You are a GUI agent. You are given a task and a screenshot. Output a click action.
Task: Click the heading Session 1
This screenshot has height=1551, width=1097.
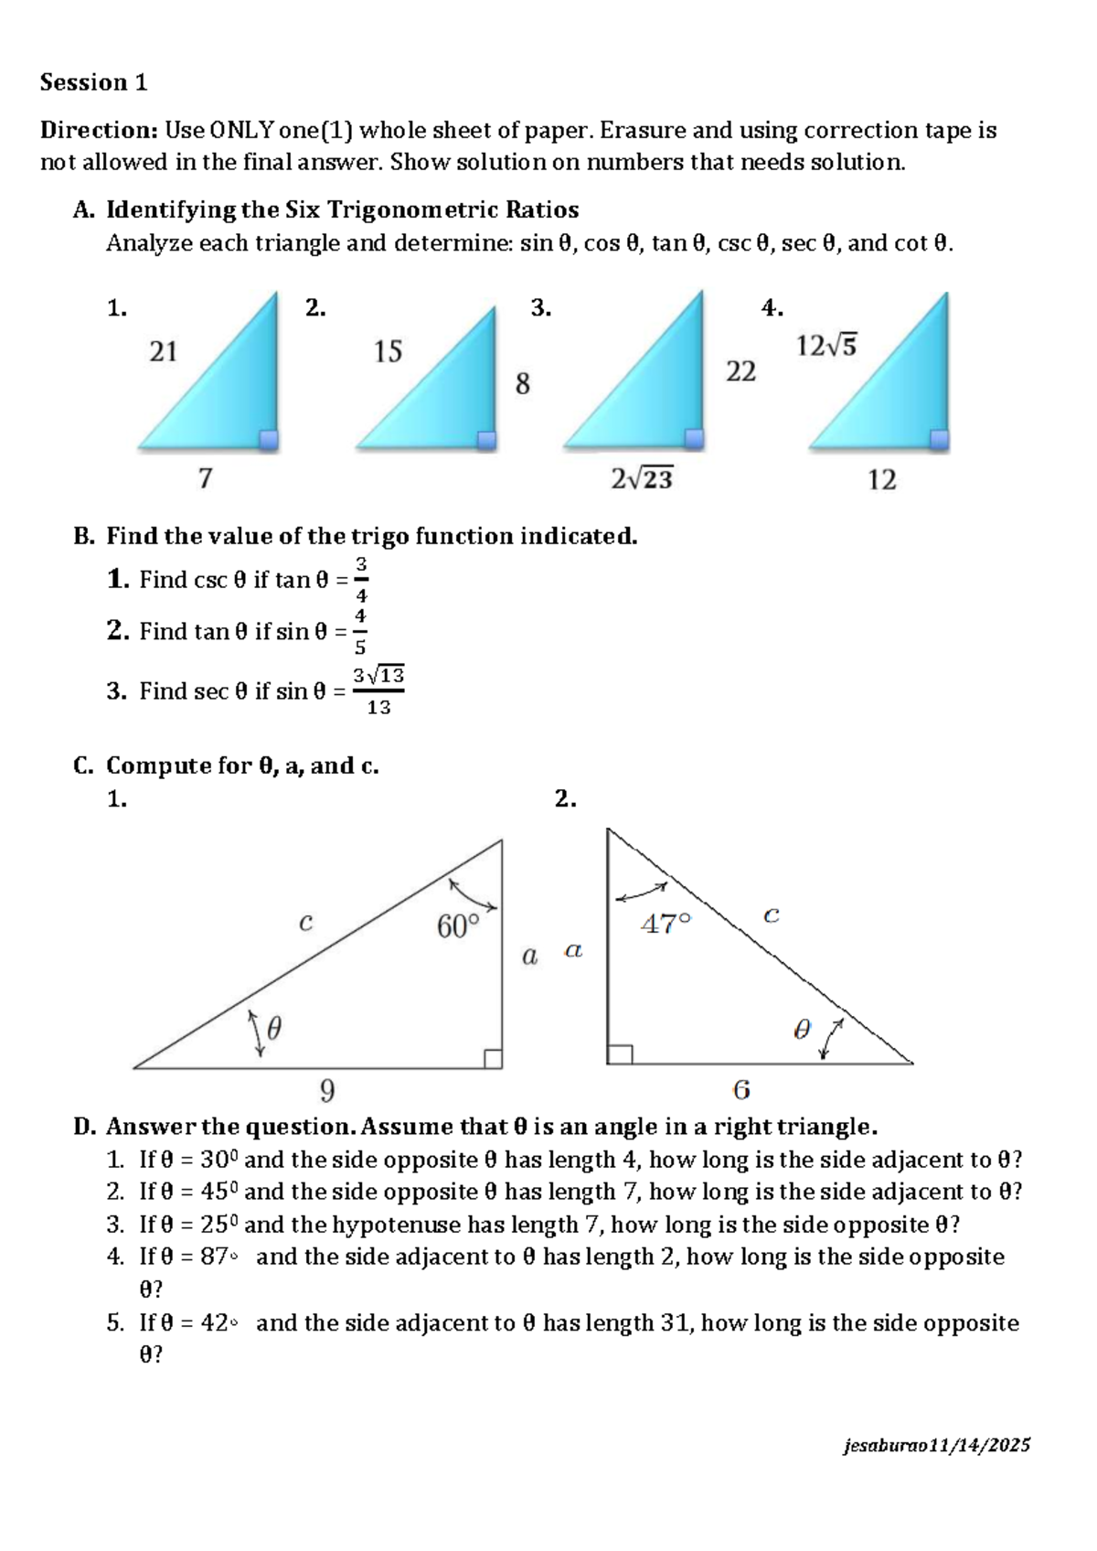click(x=93, y=83)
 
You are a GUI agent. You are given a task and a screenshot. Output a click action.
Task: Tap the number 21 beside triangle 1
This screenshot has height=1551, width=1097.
click(x=163, y=352)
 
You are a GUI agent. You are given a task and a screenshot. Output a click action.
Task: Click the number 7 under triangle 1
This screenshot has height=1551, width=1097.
click(x=206, y=478)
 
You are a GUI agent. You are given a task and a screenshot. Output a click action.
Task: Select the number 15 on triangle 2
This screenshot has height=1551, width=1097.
click(x=388, y=352)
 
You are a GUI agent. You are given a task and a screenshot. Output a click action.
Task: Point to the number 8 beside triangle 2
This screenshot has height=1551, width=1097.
click(x=522, y=384)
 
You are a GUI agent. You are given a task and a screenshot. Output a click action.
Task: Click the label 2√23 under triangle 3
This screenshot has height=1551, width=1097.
click(x=642, y=478)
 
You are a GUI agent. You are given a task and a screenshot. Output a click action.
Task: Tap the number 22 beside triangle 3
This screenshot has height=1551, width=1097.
click(x=740, y=371)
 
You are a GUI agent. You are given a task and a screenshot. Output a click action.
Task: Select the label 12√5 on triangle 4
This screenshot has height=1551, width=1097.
click(x=826, y=346)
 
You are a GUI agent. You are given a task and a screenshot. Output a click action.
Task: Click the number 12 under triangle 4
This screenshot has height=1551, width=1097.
click(x=881, y=480)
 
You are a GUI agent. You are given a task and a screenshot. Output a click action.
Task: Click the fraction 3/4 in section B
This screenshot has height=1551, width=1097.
click(x=361, y=579)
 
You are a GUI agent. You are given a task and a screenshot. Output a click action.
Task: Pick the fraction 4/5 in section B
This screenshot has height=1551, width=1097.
click(x=360, y=631)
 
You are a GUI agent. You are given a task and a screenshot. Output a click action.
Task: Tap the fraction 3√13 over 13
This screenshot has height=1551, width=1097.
click(x=378, y=690)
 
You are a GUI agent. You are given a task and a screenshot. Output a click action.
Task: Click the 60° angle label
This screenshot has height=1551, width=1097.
click(x=458, y=926)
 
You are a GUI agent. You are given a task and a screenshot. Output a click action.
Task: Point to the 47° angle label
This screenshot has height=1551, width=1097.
click(x=666, y=925)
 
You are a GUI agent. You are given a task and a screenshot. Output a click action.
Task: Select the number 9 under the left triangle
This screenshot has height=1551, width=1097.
click(x=327, y=1091)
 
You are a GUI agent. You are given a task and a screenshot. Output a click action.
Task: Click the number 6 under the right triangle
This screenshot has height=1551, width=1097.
click(x=741, y=1090)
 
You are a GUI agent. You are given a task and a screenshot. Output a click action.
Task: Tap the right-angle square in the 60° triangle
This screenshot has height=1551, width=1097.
click(x=493, y=1059)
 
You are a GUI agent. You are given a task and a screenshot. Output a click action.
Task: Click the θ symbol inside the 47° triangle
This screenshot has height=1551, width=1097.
click(x=802, y=1031)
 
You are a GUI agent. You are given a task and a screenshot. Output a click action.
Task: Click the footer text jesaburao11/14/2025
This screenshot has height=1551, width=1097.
click(x=937, y=1446)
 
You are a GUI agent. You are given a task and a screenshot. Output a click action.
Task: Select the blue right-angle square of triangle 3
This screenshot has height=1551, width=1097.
click(x=695, y=438)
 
